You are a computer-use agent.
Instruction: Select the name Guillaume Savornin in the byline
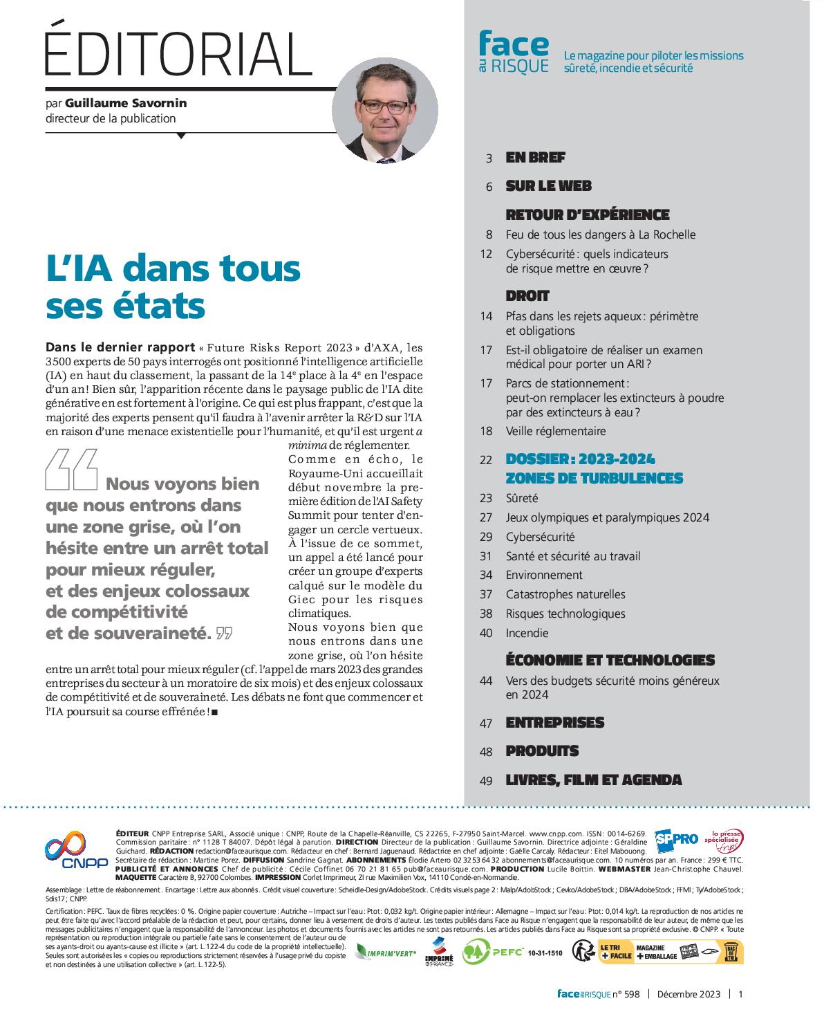tap(126, 103)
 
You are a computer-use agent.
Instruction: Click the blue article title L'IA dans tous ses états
tap(173, 286)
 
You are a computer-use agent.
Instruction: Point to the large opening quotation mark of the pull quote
tap(71, 470)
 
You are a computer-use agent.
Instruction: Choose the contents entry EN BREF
tap(535, 158)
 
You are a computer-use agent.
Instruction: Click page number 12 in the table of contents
tap(486, 254)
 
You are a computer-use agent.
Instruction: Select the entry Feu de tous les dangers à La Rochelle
tap(600, 234)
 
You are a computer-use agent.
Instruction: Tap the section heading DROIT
tap(527, 296)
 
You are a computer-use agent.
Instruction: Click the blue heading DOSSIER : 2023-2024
tap(580, 459)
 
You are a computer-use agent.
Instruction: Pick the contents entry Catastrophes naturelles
tap(565, 594)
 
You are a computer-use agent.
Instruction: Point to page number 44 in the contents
tap(486, 681)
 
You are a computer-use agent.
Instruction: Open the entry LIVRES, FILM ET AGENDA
tap(593, 780)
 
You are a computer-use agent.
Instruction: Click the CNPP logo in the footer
tap(76, 850)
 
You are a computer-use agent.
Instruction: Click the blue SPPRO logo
tap(676, 839)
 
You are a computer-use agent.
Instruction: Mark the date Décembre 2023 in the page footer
tap(688, 994)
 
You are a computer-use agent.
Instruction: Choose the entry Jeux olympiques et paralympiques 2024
tap(607, 517)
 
